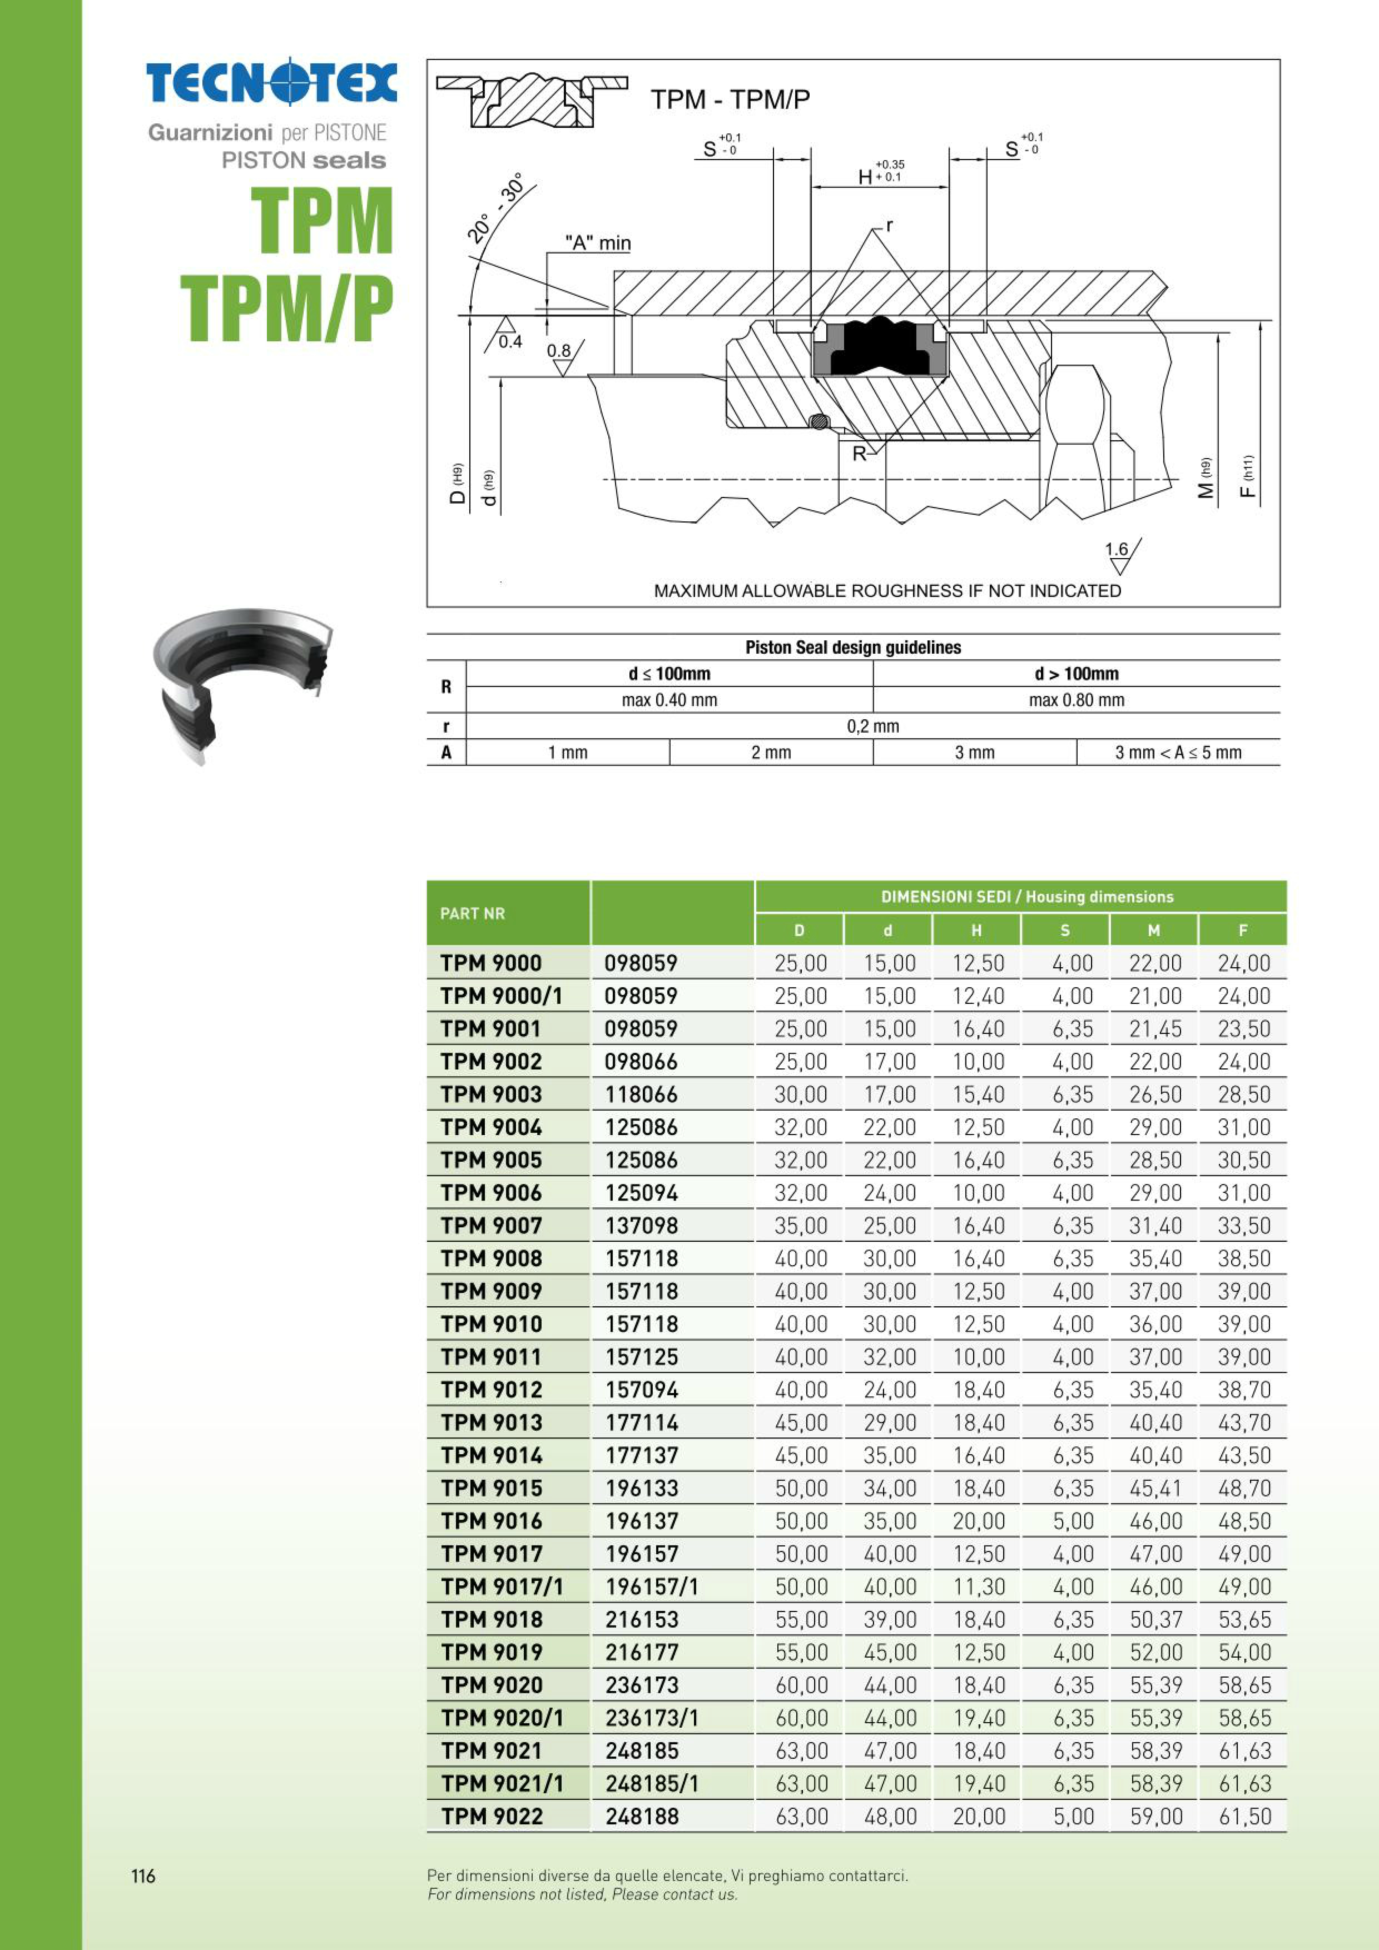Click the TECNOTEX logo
click(271, 82)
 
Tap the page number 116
click(143, 1875)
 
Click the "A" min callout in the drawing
click(598, 243)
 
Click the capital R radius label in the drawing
click(859, 454)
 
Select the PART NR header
click(472, 913)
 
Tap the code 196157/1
click(652, 1586)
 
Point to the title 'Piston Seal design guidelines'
click(853, 647)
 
